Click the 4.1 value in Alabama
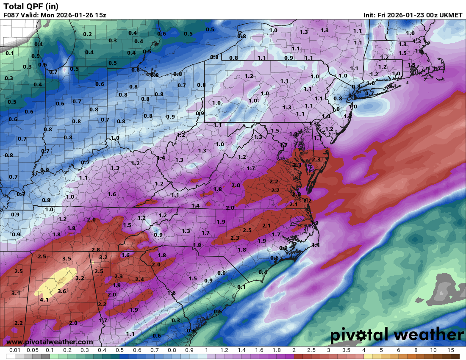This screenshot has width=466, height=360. click(44, 300)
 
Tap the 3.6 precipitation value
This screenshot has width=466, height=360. click(62, 291)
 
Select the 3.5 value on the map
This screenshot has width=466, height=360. click(67, 258)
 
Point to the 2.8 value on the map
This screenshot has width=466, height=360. click(96, 250)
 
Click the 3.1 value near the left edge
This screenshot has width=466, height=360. click(16, 293)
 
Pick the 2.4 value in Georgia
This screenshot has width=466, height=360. click(139, 279)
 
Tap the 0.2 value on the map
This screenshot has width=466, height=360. click(87, 34)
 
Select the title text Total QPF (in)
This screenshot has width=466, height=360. click(31, 6)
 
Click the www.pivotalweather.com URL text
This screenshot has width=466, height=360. click(50, 342)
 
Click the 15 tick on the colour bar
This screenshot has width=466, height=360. click(450, 350)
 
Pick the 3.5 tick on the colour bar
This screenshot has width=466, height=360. click(346, 350)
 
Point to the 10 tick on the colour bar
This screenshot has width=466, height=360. click(433, 350)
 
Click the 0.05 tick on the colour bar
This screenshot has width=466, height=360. click(33, 350)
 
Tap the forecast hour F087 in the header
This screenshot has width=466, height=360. click(11, 15)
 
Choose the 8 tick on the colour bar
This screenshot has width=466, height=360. click(416, 350)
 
